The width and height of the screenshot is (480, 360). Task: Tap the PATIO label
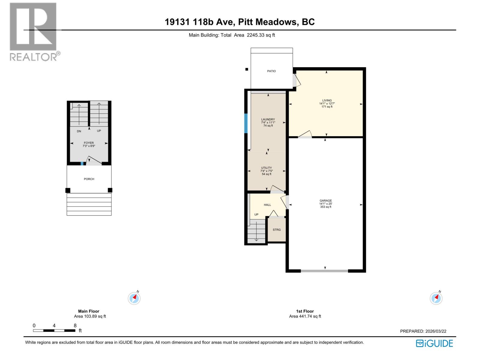click(x=271, y=71)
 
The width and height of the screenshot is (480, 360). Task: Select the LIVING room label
click(x=327, y=101)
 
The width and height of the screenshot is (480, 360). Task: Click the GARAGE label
click(x=325, y=201)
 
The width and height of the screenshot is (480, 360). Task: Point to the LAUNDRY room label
click(x=268, y=119)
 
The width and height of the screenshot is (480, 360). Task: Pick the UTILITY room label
click(x=266, y=168)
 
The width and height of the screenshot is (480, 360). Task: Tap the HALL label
click(x=267, y=205)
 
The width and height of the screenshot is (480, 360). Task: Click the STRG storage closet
click(x=277, y=230)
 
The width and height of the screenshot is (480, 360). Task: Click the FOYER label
click(x=89, y=143)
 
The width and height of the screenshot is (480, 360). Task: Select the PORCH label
click(x=89, y=179)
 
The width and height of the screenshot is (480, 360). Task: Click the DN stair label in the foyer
click(x=79, y=131)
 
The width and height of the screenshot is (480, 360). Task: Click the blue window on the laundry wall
click(x=246, y=123)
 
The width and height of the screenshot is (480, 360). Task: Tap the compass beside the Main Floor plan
click(x=134, y=298)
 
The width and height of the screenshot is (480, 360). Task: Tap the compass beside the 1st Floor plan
click(x=436, y=298)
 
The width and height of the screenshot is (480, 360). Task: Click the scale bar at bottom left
click(x=54, y=331)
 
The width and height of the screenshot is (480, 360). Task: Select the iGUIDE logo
click(x=434, y=343)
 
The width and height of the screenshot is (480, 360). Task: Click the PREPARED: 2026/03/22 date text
click(x=423, y=331)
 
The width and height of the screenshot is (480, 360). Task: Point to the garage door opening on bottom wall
click(x=324, y=271)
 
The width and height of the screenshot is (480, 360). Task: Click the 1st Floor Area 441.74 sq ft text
click(x=305, y=316)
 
